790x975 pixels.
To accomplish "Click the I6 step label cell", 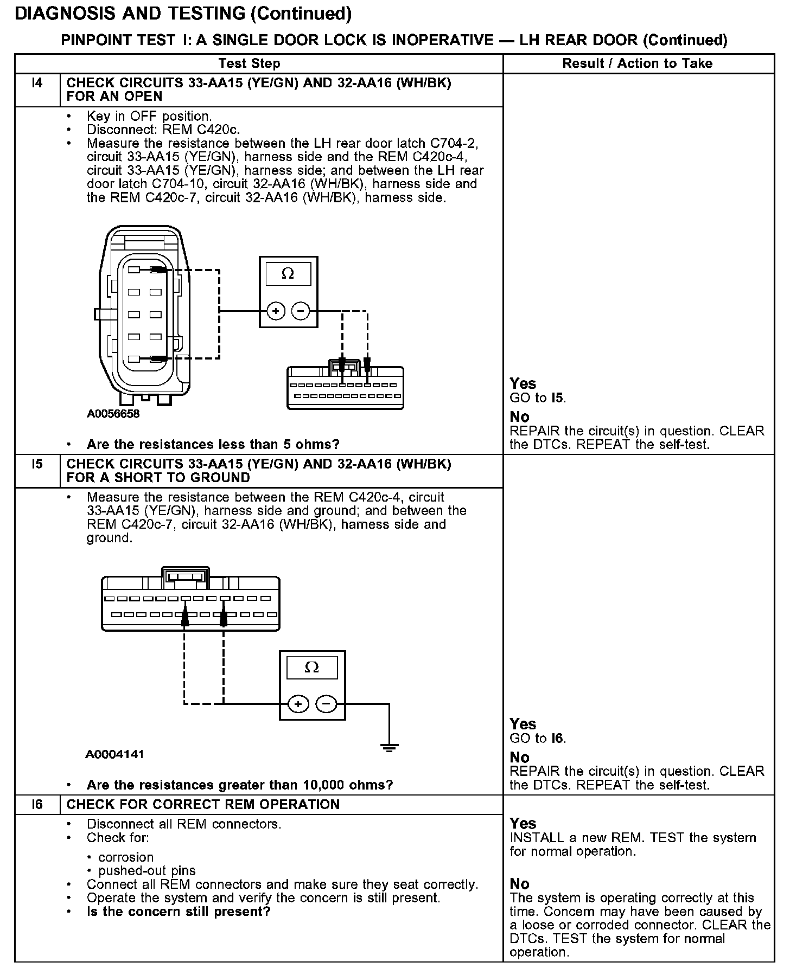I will coord(37,804).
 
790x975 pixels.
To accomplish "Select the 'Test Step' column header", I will coord(249,63).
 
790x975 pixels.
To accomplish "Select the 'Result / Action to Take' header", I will coord(637,63).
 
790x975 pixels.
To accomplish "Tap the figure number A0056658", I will coord(113,414).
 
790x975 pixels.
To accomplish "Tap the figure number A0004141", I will coord(114,754).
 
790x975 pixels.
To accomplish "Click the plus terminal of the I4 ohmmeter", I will coord(276,311).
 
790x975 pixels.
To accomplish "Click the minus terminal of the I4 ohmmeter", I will coord(301,311).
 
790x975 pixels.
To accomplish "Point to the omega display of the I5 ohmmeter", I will coord(312,667).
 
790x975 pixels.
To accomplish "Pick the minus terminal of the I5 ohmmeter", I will coord(326,704).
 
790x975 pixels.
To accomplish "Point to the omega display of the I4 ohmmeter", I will coord(288,274).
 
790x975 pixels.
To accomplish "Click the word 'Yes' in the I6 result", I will coord(523,824).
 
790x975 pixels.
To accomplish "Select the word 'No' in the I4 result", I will coord(519,417).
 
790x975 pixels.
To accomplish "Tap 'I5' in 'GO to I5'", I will coord(558,398).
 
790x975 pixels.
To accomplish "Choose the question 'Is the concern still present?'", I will coord(179,912).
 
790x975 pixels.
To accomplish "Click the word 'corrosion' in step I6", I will coord(126,857).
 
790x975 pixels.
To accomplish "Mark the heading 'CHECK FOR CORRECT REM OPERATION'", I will coord(203,804).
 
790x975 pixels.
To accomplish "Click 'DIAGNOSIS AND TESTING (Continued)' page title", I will coord(183,14).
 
